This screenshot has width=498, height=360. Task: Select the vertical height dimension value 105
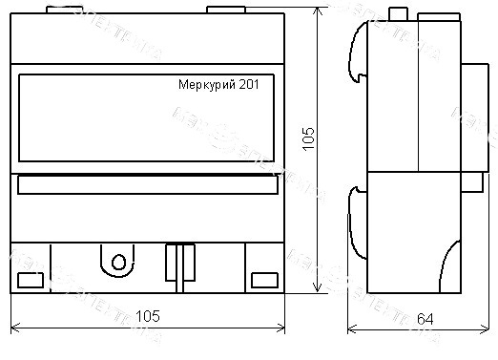(x=305, y=141)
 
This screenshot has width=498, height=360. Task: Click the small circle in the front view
(x=117, y=262)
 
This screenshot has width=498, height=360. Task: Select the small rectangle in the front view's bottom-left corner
(x=31, y=279)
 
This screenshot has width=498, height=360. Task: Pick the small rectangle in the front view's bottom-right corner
(x=263, y=279)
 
